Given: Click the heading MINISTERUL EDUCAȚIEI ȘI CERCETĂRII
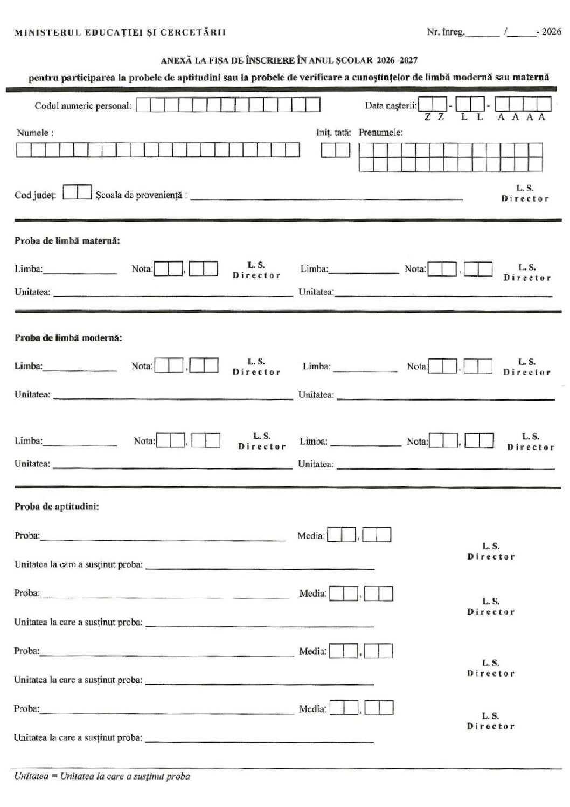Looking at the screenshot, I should click(x=120, y=32).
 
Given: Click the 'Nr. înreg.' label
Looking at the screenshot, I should click(x=445, y=32).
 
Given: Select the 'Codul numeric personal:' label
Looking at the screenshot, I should click(x=83, y=106).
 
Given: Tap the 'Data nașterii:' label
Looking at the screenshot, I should click(x=391, y=105).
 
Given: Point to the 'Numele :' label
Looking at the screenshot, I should click(x=35, y=133).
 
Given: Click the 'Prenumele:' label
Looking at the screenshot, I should click(x=381, y=133).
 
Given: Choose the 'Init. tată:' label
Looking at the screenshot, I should click(x=333, y=133).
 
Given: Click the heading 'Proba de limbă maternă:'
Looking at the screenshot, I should click(x=67, y=240).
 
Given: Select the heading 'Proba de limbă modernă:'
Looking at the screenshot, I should click(x=68, y=338).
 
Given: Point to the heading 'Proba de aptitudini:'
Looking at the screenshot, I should click(x=57, y=507).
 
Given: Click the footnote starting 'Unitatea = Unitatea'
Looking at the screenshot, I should click(x=102, y=776).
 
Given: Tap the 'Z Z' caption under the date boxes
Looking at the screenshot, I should click(x=434, y=118).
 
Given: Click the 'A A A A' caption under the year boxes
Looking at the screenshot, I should click(x=522, y=118).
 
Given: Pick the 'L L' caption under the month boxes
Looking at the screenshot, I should click(x=472, y=118).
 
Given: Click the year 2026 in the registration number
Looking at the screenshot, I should click(x=551, y=32).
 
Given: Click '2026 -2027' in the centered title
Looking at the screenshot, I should click(x=397, y=60).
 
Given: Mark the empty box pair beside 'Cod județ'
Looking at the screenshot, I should click(x=77, y=192).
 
